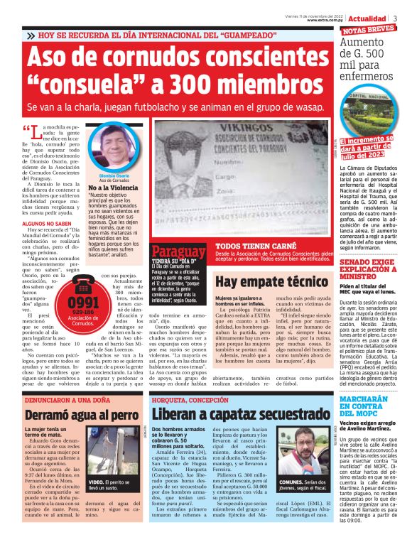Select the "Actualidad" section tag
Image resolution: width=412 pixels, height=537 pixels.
click(370, 17)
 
